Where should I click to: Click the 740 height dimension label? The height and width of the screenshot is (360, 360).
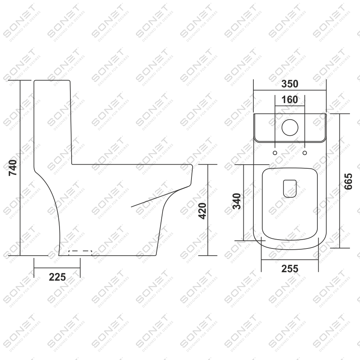tap(13, 168)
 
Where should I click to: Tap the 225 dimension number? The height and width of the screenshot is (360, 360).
tap(57, 277)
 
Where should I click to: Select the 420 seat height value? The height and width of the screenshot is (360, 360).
tap(202, 211)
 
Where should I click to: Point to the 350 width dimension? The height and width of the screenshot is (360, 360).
tap(290, 84)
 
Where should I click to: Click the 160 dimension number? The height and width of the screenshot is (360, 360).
tap(290, 100)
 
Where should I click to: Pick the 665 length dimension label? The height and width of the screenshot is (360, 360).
tap(348, 181)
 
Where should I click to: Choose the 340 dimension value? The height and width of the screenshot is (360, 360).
tap(237, 201)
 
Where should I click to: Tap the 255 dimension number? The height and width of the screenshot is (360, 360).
tap(290, 269)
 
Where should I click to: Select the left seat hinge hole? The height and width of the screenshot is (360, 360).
tap(275, 153)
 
